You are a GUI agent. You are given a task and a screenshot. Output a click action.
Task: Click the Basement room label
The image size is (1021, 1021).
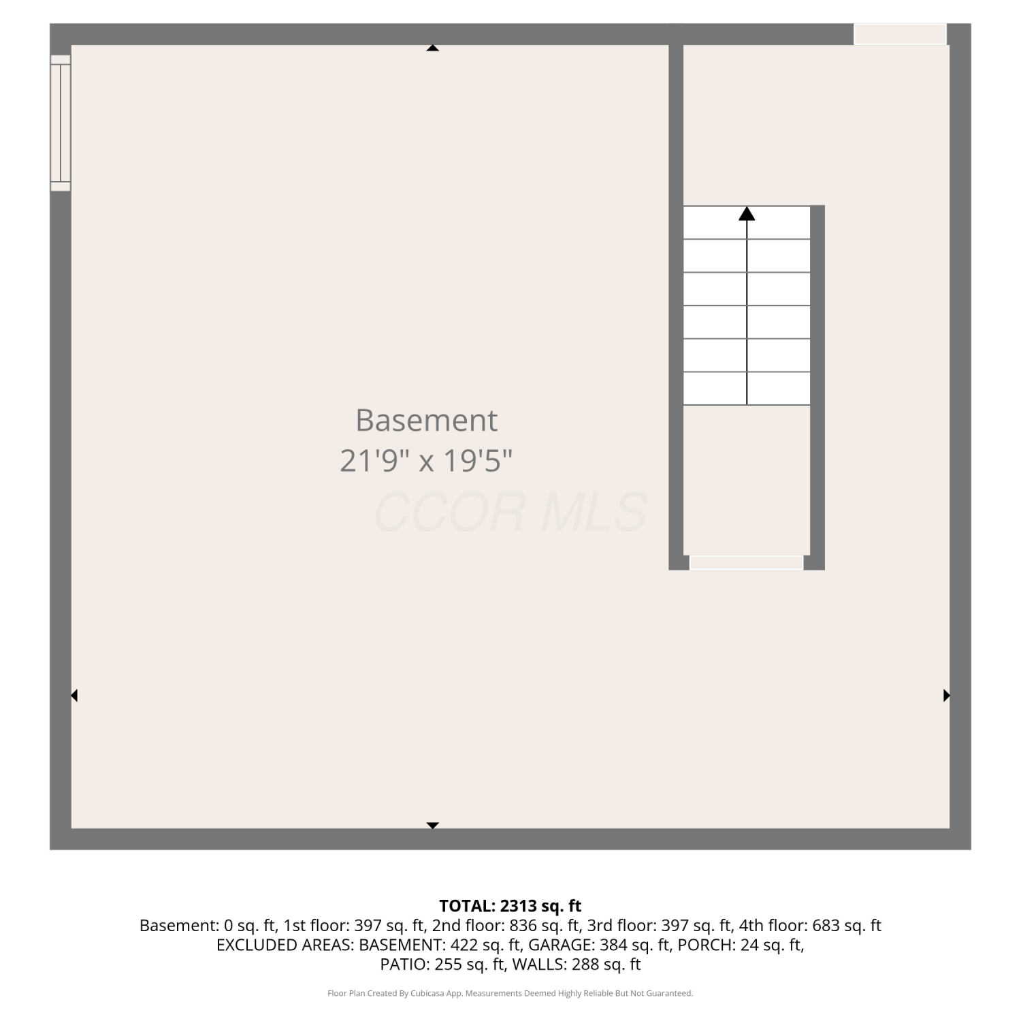coord(426,420)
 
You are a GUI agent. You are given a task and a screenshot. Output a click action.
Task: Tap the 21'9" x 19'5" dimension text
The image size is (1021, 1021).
coord(426,461)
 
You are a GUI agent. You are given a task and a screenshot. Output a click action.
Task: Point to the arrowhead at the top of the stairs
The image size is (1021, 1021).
coord(747,214)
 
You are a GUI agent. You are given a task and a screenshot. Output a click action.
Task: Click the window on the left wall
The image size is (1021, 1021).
coord(61,123)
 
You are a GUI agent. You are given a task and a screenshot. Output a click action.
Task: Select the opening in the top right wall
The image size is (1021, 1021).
coord(900,34)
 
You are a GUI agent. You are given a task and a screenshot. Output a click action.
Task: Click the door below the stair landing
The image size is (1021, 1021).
coord(747,562)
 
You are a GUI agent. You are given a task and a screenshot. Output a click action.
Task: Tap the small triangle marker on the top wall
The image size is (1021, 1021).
coord(432,48)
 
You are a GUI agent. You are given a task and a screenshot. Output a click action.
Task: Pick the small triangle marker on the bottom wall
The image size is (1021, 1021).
coord(432,826)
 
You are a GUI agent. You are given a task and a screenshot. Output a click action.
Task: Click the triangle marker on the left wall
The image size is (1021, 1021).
coord(74,695)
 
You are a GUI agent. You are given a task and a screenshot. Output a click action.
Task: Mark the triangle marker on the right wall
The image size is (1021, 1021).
coord(946,695)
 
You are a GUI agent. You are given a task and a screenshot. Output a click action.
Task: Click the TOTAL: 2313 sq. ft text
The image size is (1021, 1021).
coord(510,906)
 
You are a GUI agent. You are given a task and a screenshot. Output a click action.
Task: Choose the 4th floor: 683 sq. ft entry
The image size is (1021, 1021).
coord(810,926)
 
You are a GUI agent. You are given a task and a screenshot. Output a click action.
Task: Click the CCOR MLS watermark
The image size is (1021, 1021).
coord(510,513)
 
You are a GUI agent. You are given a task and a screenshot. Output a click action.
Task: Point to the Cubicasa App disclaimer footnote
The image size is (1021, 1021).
coord(510,993)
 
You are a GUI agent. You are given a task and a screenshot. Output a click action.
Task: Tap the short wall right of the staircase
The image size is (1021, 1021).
coord(817,387)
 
